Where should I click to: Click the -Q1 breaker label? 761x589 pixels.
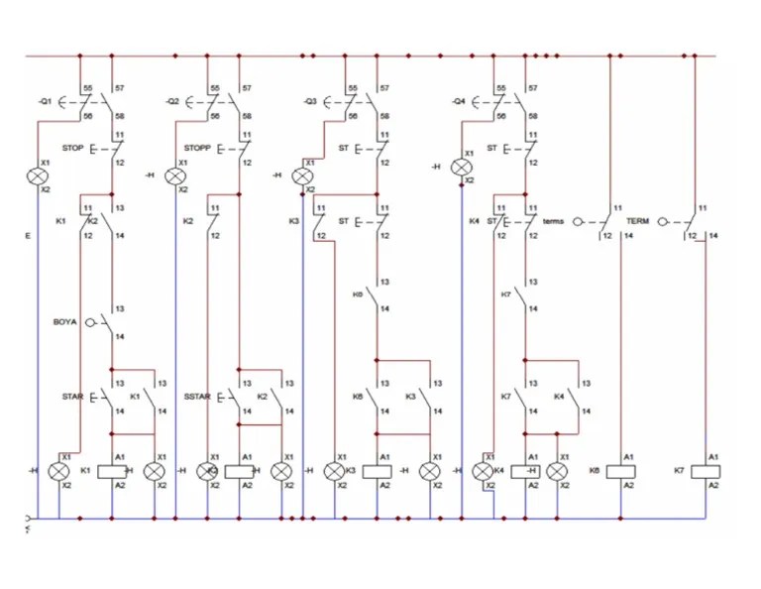coord(45,102)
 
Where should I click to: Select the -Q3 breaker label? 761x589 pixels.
coord(309,102)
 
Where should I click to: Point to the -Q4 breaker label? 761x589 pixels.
coord(458,102)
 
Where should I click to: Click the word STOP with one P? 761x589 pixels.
coord(72,149)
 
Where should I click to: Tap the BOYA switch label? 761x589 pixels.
coord(64,322)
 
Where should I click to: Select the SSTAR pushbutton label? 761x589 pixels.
coord(197,397)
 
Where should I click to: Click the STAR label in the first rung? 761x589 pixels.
coord(72,397)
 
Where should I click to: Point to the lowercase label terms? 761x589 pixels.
coord(553,221)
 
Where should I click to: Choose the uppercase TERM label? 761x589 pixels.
coord(637,221)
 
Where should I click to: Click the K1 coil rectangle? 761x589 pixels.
coord(112,471)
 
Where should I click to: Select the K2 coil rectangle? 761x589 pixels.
coord(240,471)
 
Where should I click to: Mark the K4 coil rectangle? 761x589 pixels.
coord(525,471)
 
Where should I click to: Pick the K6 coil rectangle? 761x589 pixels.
coord(621,471)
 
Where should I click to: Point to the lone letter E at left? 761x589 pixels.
coord(28,236)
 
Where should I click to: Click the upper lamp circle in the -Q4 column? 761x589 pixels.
coord(462,168)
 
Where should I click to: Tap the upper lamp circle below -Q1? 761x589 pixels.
coord(38,177)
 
